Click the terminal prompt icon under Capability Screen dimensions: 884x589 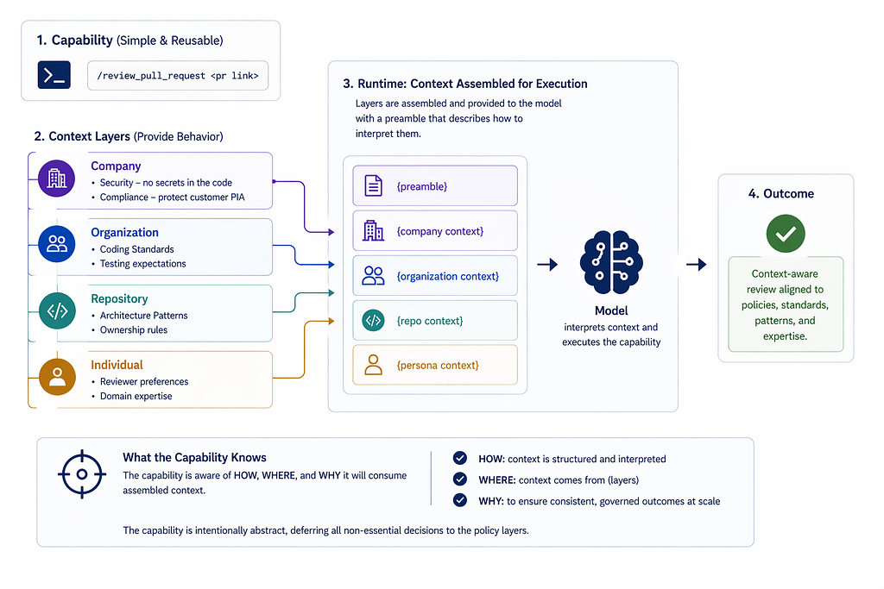click(x=54, y=75)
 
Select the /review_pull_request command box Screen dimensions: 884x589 click(x=178, y=75)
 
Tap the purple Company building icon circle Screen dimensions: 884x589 click(x=56, y=179)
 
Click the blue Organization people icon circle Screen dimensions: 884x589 click(x=57, y=244)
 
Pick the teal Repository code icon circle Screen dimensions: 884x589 click(x=58, y=310)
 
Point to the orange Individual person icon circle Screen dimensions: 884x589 click(x=58, y=377)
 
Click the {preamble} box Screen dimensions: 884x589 click(x=435, y=185)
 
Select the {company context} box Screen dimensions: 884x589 click(x=435, y=231)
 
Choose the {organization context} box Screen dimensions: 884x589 click(x=435, y=276)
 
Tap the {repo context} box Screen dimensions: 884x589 click(x=435, y=321)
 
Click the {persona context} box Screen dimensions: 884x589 click(x=435, y=365)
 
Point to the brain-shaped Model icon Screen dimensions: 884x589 click(x=611, y=262)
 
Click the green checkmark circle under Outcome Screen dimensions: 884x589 click(x=786, y=234)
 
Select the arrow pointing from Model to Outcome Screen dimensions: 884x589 click(x=697, y=264)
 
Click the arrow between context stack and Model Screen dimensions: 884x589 click(x=547, y=264)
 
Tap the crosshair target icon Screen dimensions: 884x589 click(x=82, y=474)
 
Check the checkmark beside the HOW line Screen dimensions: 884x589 click(x=460, y=458)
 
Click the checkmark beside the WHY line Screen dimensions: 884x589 click(x=460, y=500)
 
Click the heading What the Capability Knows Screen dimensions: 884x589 click(x=194, y=457)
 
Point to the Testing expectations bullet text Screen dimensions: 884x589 click(x=142, y=264)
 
